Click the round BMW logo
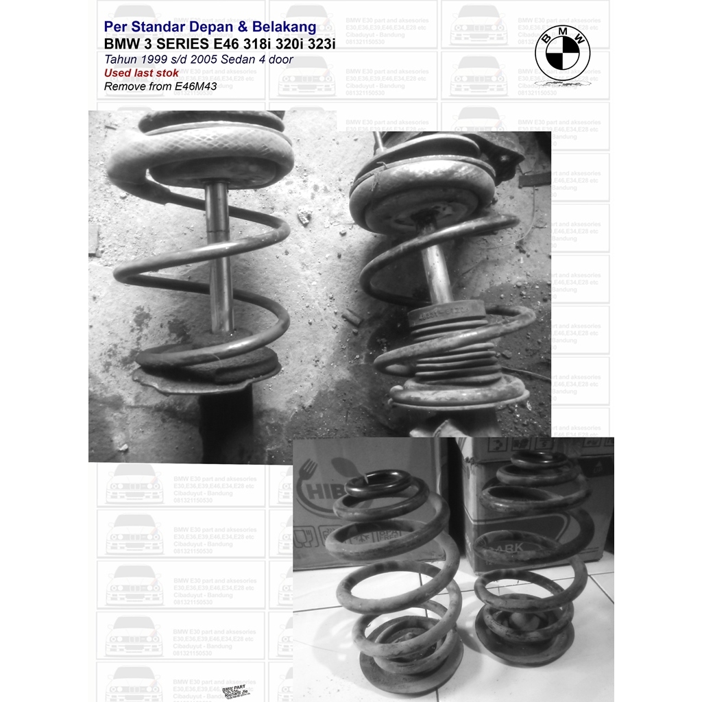point(562,56)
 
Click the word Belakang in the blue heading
point(282,27)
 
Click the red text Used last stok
point(141,73)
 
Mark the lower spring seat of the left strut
point(206,370)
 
